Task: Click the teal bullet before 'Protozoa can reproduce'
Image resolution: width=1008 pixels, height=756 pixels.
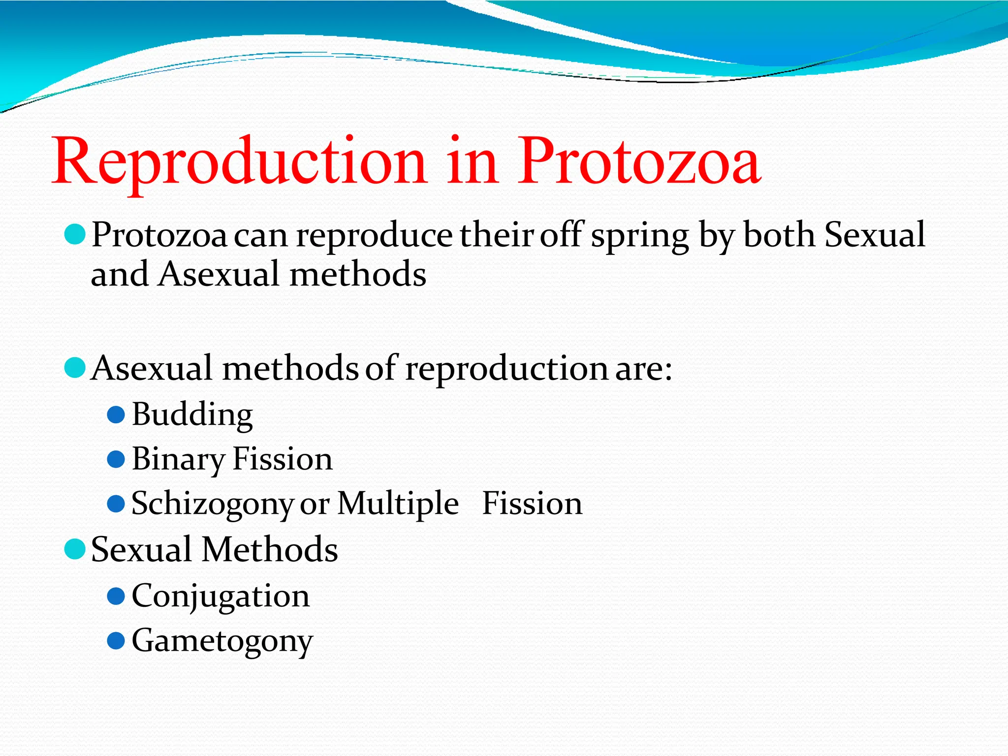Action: [x=75, y=234]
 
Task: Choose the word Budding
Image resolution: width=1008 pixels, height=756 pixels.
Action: [x=192, y=415]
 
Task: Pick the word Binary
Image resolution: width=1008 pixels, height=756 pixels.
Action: [x=178, y=460]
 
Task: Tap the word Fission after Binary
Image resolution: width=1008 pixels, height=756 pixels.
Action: [x=283, y=459]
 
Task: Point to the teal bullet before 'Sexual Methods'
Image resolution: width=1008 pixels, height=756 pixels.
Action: [x=75, y=549]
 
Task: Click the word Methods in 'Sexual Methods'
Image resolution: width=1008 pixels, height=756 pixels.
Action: [x=270, y=549]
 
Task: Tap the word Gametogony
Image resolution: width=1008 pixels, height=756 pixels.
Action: [x=222, y=641]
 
